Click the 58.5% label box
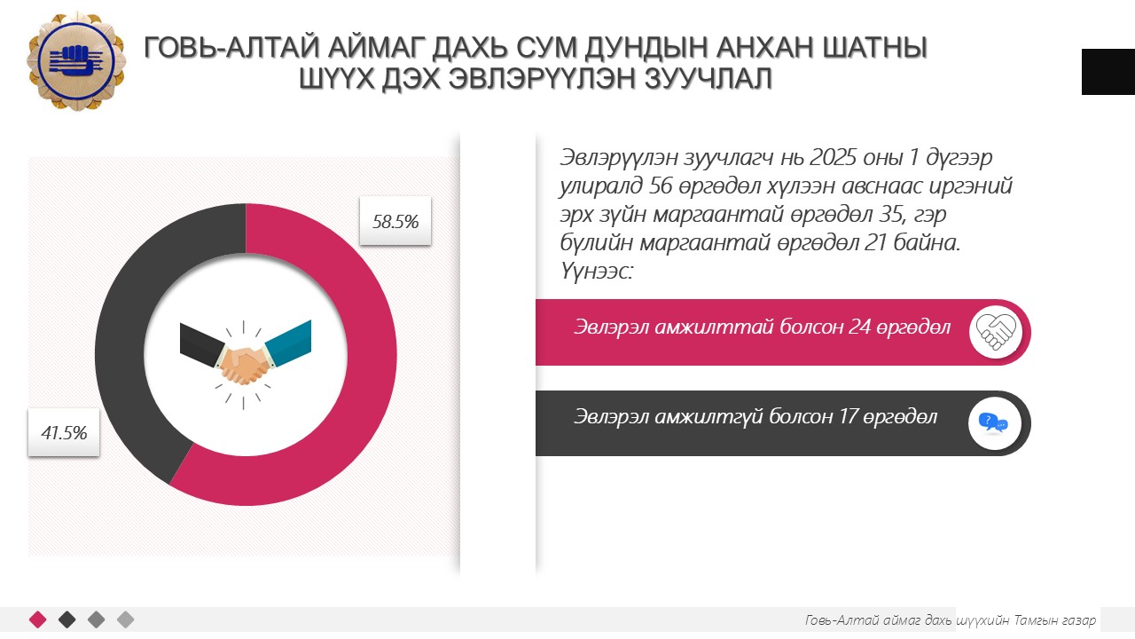(395, 221)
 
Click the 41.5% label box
(64, 432)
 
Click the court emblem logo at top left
(76, 61)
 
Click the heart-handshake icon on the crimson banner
(996, 332)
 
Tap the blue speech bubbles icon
(994, 423)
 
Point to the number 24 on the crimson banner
(859, 327)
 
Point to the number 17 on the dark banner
(848, 417)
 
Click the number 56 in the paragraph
(661, 186)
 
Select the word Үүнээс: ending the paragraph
(597, 272)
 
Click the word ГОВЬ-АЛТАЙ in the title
(231, 48)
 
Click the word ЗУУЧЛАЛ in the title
(708, 79)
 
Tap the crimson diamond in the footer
(38, 619)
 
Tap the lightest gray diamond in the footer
(126, 619)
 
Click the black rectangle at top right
(1108, 72)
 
